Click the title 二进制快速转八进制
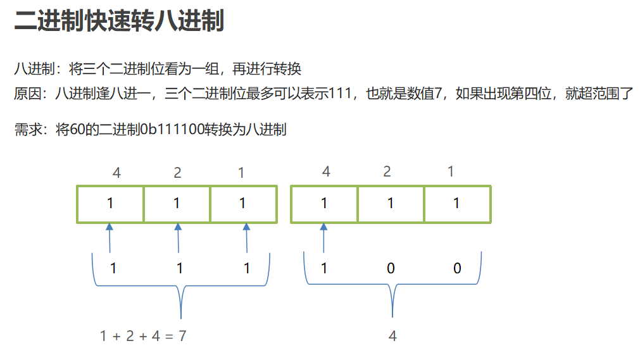(x=119, y=20)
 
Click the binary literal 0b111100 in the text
(x=172, y=130)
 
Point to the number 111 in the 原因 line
(x=339, y=94)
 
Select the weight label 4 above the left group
(x=116, y=173)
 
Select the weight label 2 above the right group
(x=387, y=171)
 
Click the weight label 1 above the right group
(x=451, y=171)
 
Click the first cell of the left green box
(x=110, y=204)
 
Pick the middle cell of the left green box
(x=177, y=204)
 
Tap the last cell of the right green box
(x=457, y=204)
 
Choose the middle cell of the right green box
(x=391, y=204)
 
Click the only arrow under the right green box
(x=323, y=238)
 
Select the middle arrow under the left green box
(x=178, y=238)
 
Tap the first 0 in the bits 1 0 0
(x=391, y=268)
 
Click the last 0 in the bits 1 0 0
(x=457, y=268)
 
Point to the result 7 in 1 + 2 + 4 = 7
(x=182, y=336)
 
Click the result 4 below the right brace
(x=392, y=336)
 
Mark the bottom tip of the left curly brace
(x=181, y=318)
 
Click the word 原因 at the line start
(x=28, y=94)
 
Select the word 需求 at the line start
(x=28, y=130)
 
